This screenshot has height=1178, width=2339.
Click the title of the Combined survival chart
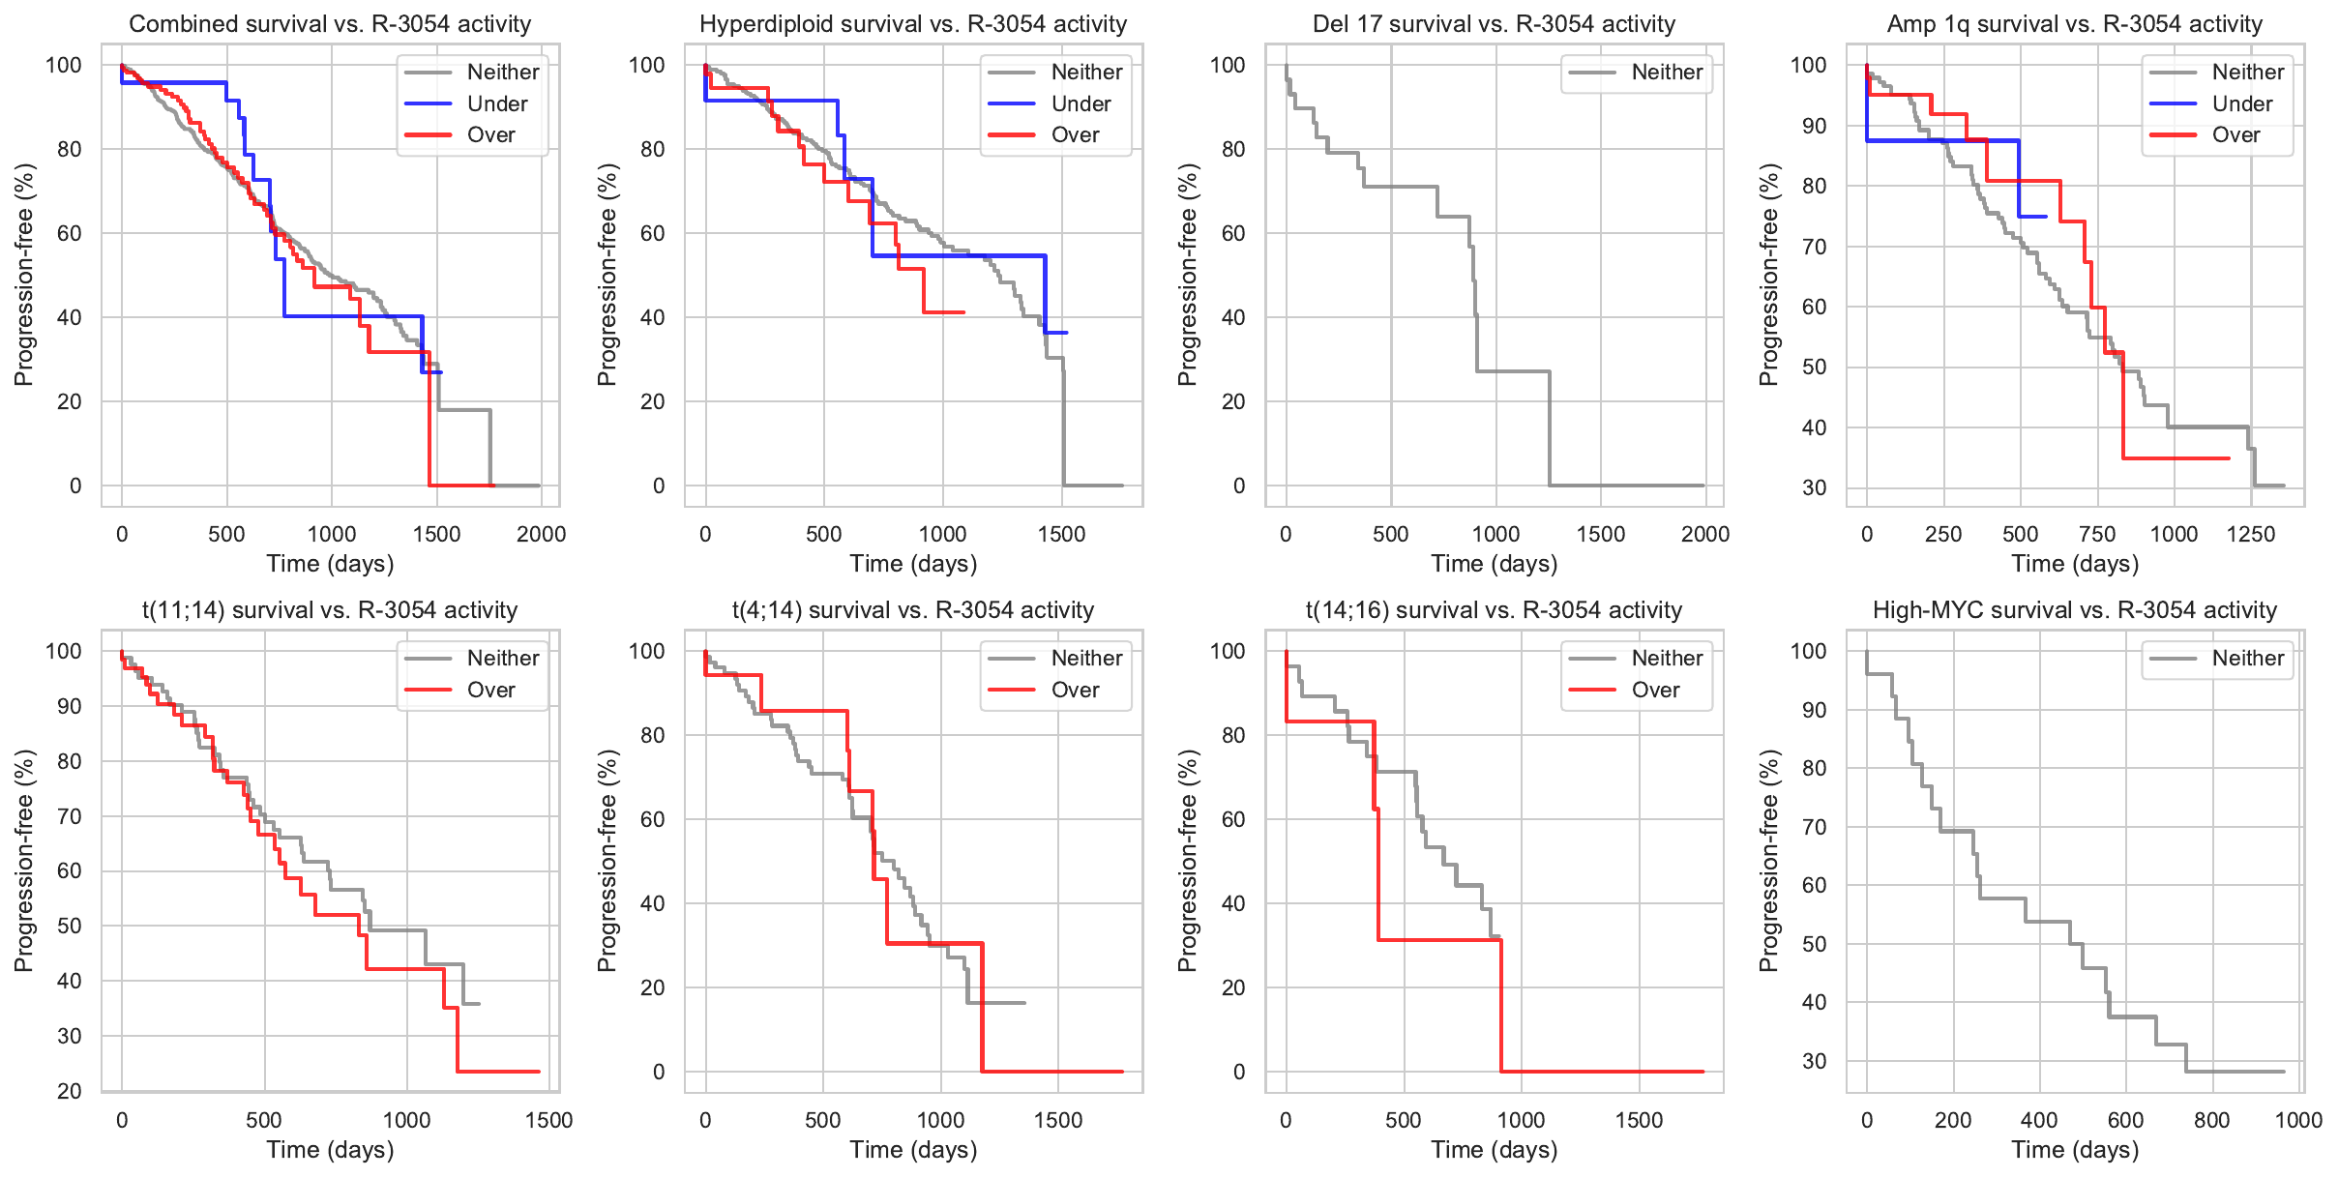[330, 24]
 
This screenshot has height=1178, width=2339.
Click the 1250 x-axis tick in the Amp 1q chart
[2251, 534]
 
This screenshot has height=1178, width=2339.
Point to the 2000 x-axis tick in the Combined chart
[541, 534]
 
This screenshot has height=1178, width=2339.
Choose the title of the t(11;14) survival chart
[330, 610]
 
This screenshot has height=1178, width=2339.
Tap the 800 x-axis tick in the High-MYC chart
[2212, 1120]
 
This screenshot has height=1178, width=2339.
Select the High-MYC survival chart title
[2075, 610]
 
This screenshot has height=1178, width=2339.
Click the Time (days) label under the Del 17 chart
[1494, 564]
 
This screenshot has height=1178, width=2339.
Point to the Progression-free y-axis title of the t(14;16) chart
[1188, 860]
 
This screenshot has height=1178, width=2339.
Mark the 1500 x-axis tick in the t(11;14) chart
[549, 1120]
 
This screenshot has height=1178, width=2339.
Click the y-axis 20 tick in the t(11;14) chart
[70, 1091]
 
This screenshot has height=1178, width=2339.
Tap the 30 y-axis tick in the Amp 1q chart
[1814, 487]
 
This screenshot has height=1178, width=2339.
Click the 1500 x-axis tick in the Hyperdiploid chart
[1062, 534]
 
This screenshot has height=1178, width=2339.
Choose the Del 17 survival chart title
[1494, 24]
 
